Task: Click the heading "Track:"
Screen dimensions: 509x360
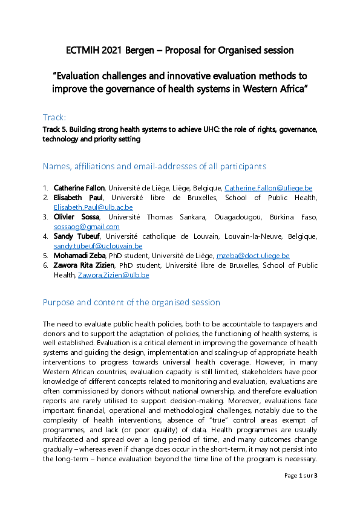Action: tap(54, 117)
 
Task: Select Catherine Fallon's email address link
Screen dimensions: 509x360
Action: tap(268, 188)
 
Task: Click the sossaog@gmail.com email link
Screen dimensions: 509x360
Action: tap(87, 227)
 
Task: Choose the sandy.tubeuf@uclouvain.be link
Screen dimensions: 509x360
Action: tap(98, 246)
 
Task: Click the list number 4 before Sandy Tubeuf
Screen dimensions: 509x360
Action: tap(45, 236)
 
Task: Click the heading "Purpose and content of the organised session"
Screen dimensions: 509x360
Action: tap(131, 302)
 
